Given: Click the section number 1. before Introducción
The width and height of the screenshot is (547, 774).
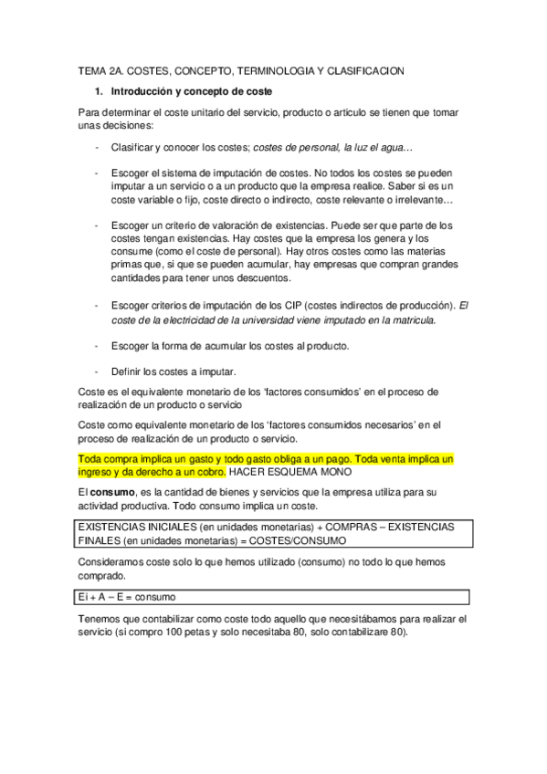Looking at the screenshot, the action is coord(100,91).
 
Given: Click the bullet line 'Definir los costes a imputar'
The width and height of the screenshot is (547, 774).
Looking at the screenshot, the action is coord(173,371).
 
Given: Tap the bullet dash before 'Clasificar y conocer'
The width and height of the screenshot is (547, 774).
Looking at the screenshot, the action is coord(97,147).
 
